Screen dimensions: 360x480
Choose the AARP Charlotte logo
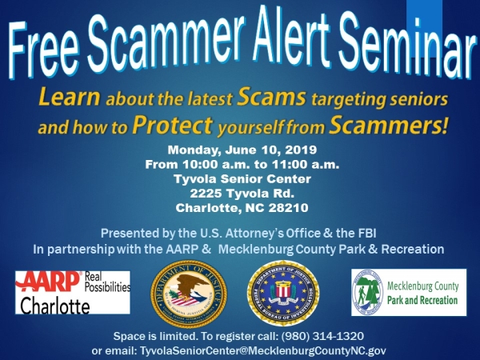point(72,293)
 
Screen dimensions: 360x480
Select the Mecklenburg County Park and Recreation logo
point(408,293)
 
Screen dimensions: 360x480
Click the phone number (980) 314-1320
point(343,337)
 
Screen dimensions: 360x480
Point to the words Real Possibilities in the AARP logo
point(106,281)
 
